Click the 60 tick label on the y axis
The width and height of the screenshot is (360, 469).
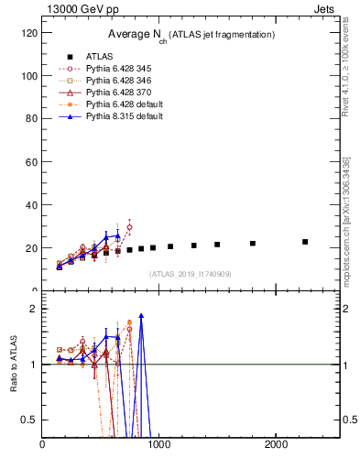click(30, 162)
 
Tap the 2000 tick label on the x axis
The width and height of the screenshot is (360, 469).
click(277, 446)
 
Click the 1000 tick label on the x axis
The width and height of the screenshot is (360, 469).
click(159, 446)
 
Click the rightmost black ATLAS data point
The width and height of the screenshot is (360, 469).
click(305, 242)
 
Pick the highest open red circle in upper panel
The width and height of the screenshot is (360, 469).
click(129, 227)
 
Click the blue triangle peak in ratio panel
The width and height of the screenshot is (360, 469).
click(141, 315)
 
